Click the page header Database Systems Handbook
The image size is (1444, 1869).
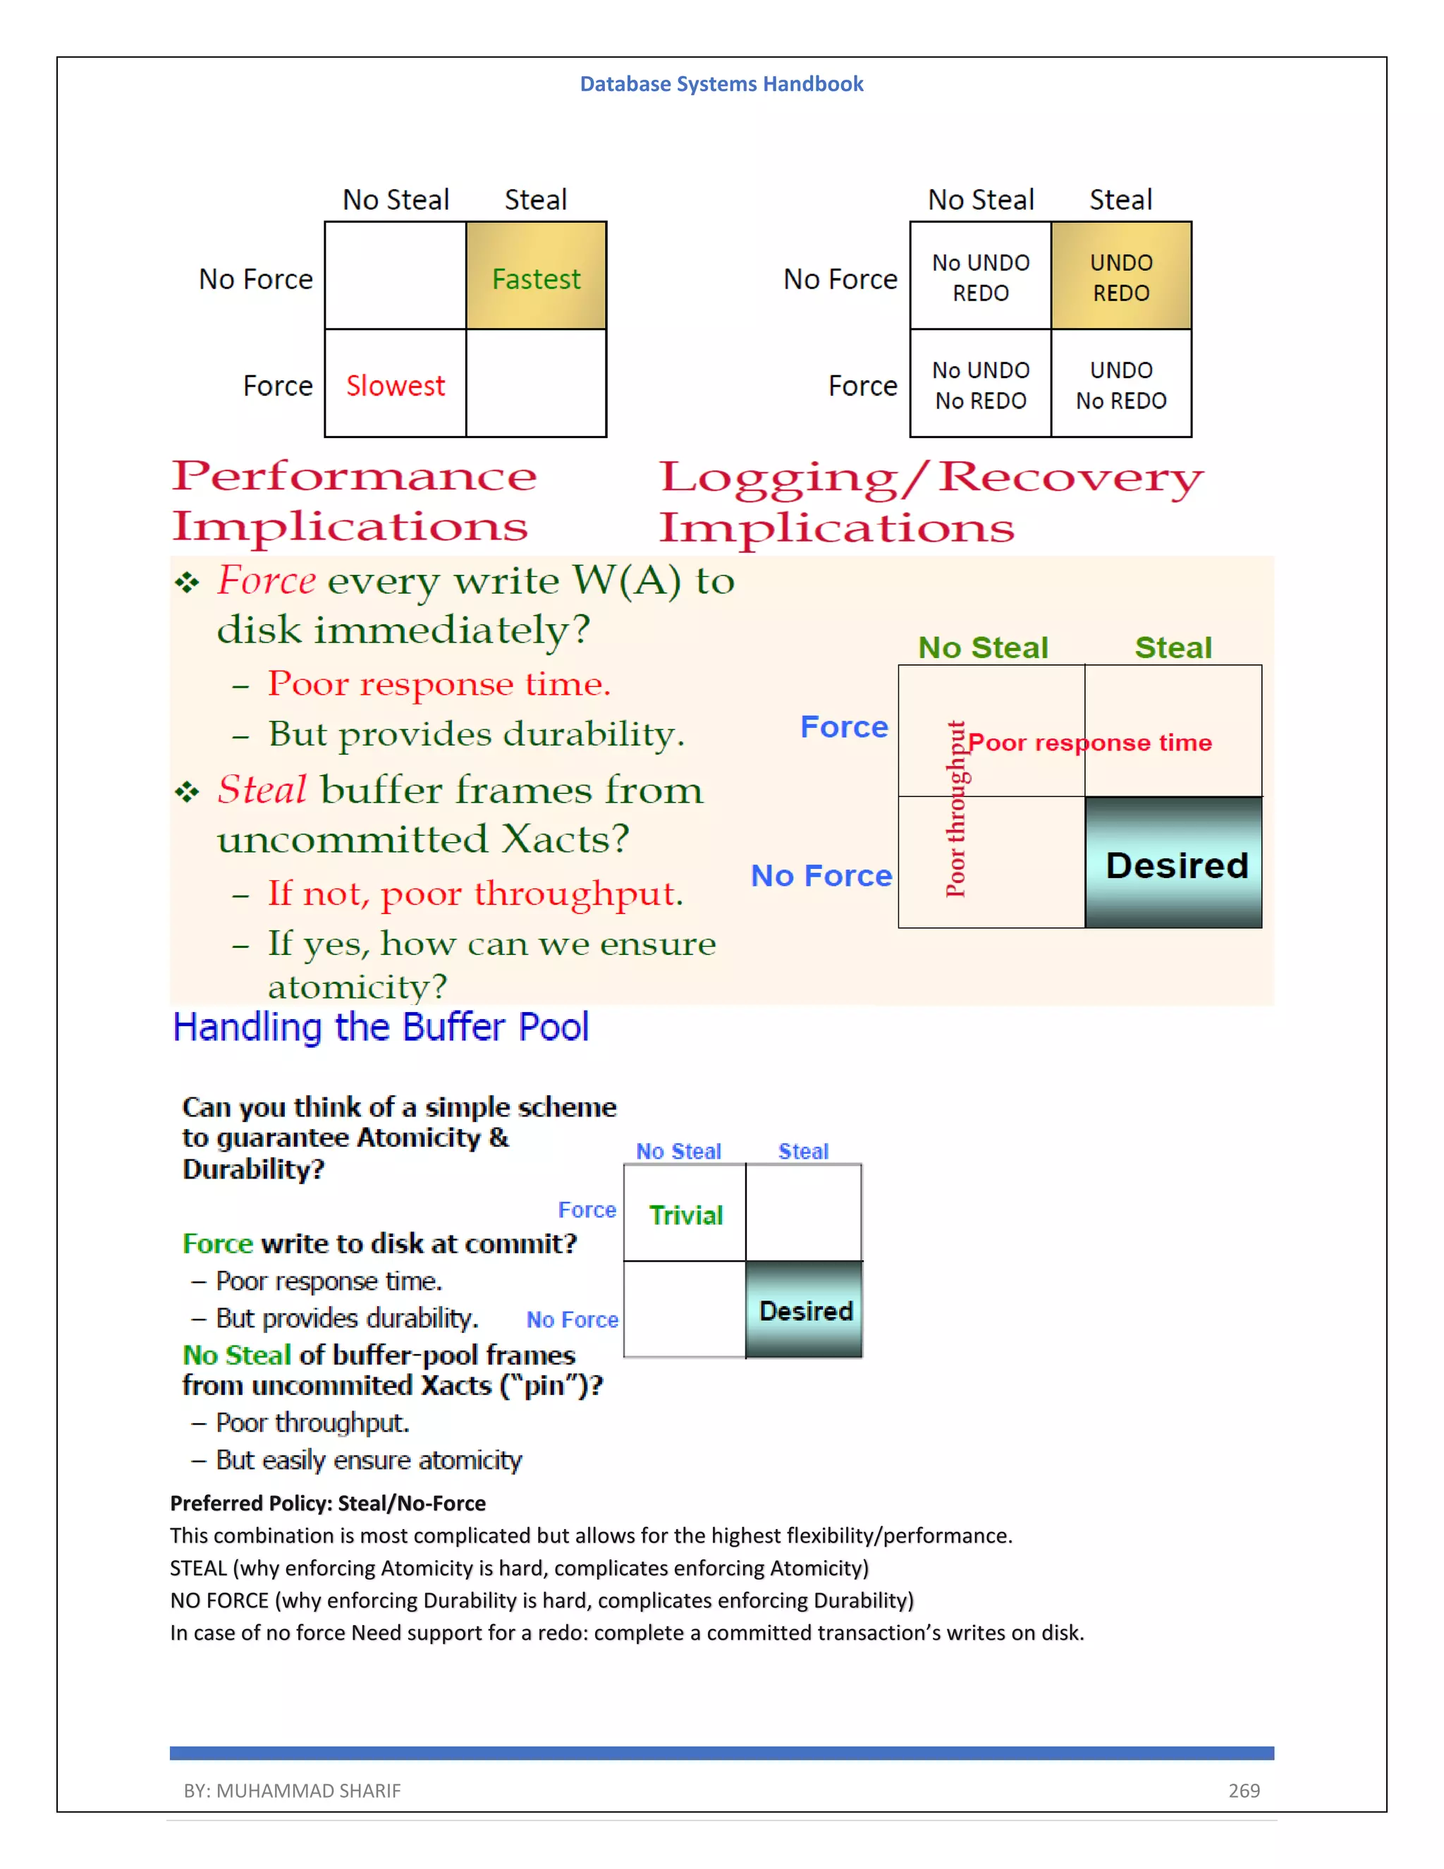point(721,84)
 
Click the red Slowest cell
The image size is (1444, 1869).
point(396,385)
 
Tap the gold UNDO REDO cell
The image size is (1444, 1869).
point(1120,276)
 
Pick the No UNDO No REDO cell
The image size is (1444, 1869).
point(980,385)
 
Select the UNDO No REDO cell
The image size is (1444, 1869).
point(1120,385)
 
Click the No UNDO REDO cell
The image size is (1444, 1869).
point(980,276)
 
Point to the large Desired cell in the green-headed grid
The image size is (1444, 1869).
point(1175,865)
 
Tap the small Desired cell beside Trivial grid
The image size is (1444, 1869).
point(805,1311)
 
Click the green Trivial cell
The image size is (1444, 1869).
point(685,1215)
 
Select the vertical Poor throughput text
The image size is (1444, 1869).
point(955,810)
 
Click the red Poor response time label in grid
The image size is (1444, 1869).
point(1089,742)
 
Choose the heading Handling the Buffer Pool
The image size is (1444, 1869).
point(381,1027)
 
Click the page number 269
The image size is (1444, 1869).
point(1244,1790)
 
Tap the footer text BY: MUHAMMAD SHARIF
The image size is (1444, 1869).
point(292,1790)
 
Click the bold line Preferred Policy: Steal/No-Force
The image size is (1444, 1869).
point(328,1504)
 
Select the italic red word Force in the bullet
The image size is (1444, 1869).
point(266,580)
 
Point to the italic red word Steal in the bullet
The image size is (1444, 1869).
point(261,789)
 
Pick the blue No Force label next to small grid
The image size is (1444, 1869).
point(571,1320)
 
